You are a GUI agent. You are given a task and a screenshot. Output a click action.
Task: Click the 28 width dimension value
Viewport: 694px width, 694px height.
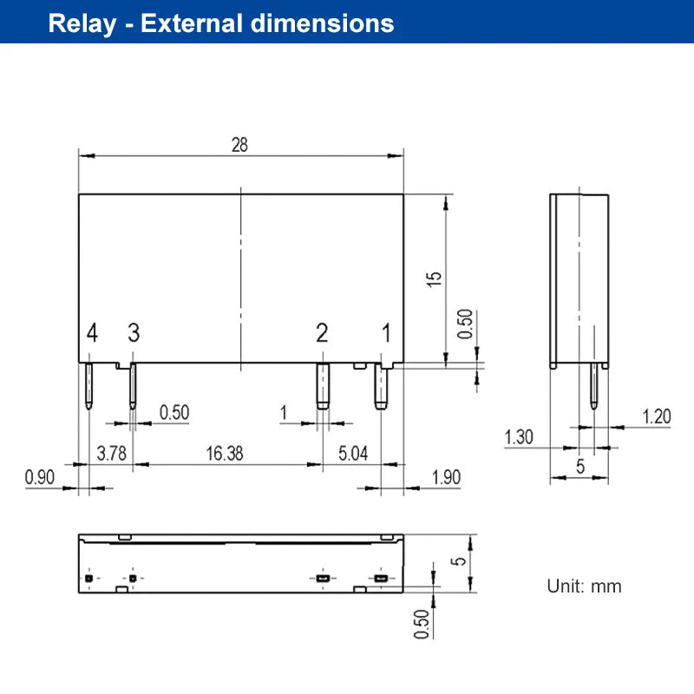click(x=239, y=145)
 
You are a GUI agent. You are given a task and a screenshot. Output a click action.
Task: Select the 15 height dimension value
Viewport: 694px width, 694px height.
click(x=434, y=278)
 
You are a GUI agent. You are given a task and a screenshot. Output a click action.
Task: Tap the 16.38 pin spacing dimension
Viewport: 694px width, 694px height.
click(x=225, y=454)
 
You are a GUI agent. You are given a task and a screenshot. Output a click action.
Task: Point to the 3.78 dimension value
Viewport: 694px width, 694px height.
click(x=112, y=454)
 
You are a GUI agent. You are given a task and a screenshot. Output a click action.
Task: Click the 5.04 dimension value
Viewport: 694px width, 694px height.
click(x=353, y=454)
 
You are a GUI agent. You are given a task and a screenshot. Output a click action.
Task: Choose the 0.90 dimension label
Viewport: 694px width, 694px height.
click(x=40, y=477)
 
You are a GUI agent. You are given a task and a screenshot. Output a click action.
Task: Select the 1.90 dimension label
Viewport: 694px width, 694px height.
click(x=446, y=477)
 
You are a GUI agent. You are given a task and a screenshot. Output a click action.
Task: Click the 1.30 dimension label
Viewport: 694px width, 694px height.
click(x=519, y=437)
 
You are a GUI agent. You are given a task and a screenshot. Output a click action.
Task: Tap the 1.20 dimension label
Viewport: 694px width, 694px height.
click(x=657, y=416)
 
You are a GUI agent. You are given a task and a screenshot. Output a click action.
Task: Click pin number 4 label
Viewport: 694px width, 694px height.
click(x=92, y=333)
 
